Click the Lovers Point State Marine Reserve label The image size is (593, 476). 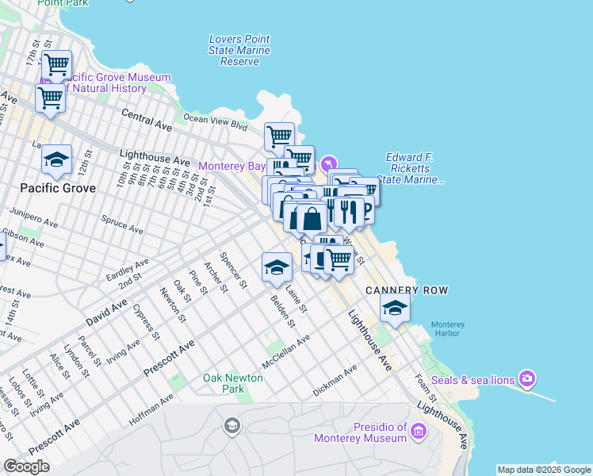(239, 50)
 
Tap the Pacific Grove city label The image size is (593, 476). (58, 188)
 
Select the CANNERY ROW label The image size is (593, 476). (407, 290)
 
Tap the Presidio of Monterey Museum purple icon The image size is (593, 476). (419, 432)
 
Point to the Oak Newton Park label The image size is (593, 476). (233, 384)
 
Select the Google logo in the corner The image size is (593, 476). (26, 466)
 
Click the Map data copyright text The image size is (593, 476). (544, 470)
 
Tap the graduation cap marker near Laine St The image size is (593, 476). (276, 267)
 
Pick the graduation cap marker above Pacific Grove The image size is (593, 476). (57, 159)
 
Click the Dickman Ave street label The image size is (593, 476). (335, 379)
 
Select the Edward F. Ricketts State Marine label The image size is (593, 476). (414, 168)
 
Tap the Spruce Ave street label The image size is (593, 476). (122, 225)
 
